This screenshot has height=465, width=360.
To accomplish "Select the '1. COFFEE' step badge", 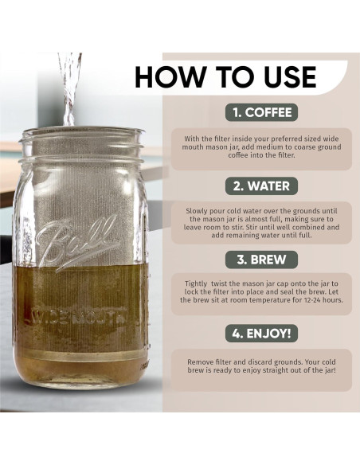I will coord(261,112).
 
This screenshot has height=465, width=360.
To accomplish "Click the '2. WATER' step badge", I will coord(261,186).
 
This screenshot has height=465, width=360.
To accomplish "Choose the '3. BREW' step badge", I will coord(261,259).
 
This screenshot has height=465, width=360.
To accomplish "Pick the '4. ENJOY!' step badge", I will coord(261,332).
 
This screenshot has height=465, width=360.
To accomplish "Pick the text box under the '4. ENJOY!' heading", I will coord(261,369).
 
